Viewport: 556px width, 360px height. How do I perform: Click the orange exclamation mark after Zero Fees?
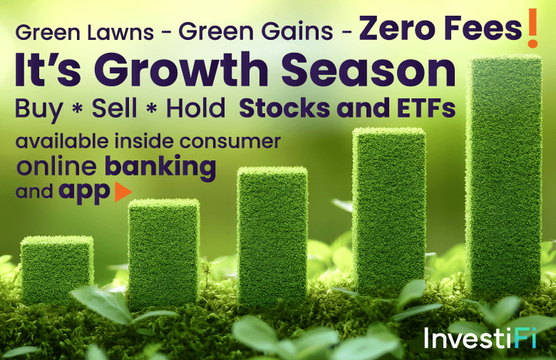(x=532, y=29)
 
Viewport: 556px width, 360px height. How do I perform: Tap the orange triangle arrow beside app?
(x=123, y=192)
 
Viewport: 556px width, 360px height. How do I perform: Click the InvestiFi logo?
(x=480, y=338)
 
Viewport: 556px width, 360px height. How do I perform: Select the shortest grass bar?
(x=57, y=269)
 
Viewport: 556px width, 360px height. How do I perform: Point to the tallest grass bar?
(x=504, y=178)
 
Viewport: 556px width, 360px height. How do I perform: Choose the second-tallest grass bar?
(x=389, y=210)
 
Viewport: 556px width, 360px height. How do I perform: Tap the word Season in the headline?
(x=369, y=69)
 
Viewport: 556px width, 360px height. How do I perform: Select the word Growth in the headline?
(x=181, y=69)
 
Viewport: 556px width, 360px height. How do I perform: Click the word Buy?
(x=39, y=109)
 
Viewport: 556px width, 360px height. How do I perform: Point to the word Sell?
(x=114, y=108)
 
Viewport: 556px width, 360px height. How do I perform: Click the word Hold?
(x=196, y=108)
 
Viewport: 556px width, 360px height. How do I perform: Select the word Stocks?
(x=284, y=108)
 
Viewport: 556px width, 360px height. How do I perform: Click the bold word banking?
(x=160, y=168)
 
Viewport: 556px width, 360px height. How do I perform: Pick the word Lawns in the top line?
(x=120, y=31)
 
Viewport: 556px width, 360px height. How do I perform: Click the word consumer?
(x=230, y=142)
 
